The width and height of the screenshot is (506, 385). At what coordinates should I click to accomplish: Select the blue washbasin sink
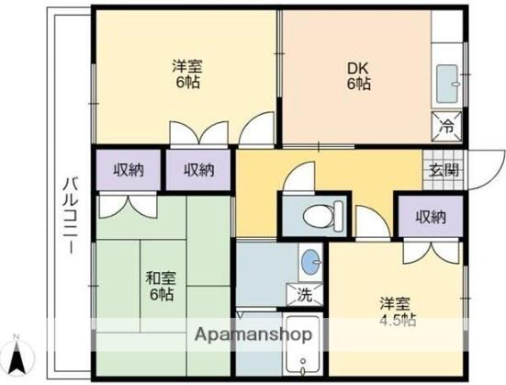click(x=310, y=261)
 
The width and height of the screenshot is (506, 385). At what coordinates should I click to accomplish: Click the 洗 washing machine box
click(x=304, y=296)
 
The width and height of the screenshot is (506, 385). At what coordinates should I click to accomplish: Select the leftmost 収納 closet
click(x=129, y=169)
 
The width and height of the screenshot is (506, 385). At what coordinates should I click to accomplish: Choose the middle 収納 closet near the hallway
click(x=199, y=169)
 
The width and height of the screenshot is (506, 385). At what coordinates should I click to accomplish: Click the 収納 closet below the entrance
click(x=430, y=217)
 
